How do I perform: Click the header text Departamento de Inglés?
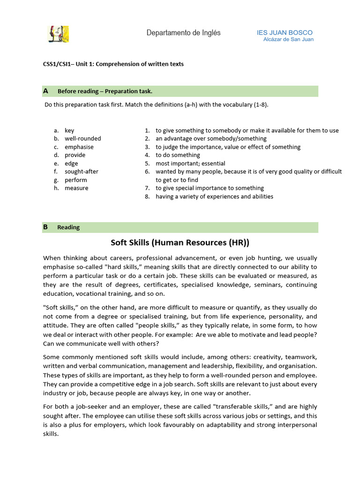[x=183, y=33]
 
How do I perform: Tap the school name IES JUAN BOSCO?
[x=285, y=33]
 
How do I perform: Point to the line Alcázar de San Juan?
[x=288, y=39]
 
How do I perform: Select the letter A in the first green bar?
[x=45, y=91]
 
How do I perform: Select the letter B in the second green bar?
[x=45, y=227]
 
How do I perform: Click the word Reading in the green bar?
[x=68, y=227]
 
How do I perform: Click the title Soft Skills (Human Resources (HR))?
[x=180, y=242]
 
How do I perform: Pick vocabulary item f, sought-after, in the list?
[x=81, y=172]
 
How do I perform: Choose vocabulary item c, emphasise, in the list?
[x=79, y=147]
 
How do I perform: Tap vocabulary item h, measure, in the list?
[x=76, y=188]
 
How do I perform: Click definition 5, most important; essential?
[x=190, y=164]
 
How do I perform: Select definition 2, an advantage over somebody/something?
[x=211, y=139]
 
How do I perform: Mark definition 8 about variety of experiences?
[x=214, y=196]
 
